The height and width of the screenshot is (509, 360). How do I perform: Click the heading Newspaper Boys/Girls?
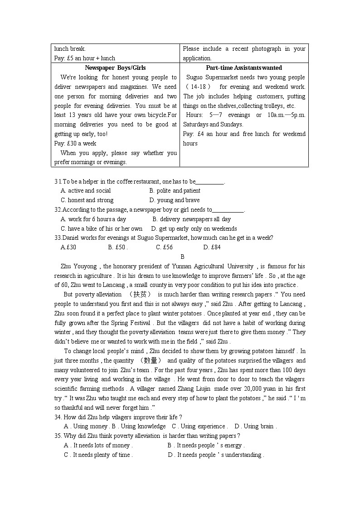[116, 68]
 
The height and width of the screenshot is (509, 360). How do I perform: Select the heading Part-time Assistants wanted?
[244, 68]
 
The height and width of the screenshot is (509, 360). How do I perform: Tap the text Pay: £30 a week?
[75, 143]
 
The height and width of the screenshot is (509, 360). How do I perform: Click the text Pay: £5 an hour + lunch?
[85, 58]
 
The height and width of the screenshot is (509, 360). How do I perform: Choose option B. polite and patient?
[175, 191]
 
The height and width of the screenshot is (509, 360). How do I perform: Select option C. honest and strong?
[87, 200]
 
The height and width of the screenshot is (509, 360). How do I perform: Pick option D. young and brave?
[175, 200]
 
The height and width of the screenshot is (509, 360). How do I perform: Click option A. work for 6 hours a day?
[93, 219]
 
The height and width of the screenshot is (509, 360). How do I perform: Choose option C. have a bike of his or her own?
[102, 229]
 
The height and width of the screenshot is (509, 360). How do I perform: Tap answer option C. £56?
[164, 247]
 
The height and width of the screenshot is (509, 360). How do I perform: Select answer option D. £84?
[212, 247]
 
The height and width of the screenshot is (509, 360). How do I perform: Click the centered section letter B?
[182, 257]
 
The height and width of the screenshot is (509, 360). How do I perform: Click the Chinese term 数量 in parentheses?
[150, 361]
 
